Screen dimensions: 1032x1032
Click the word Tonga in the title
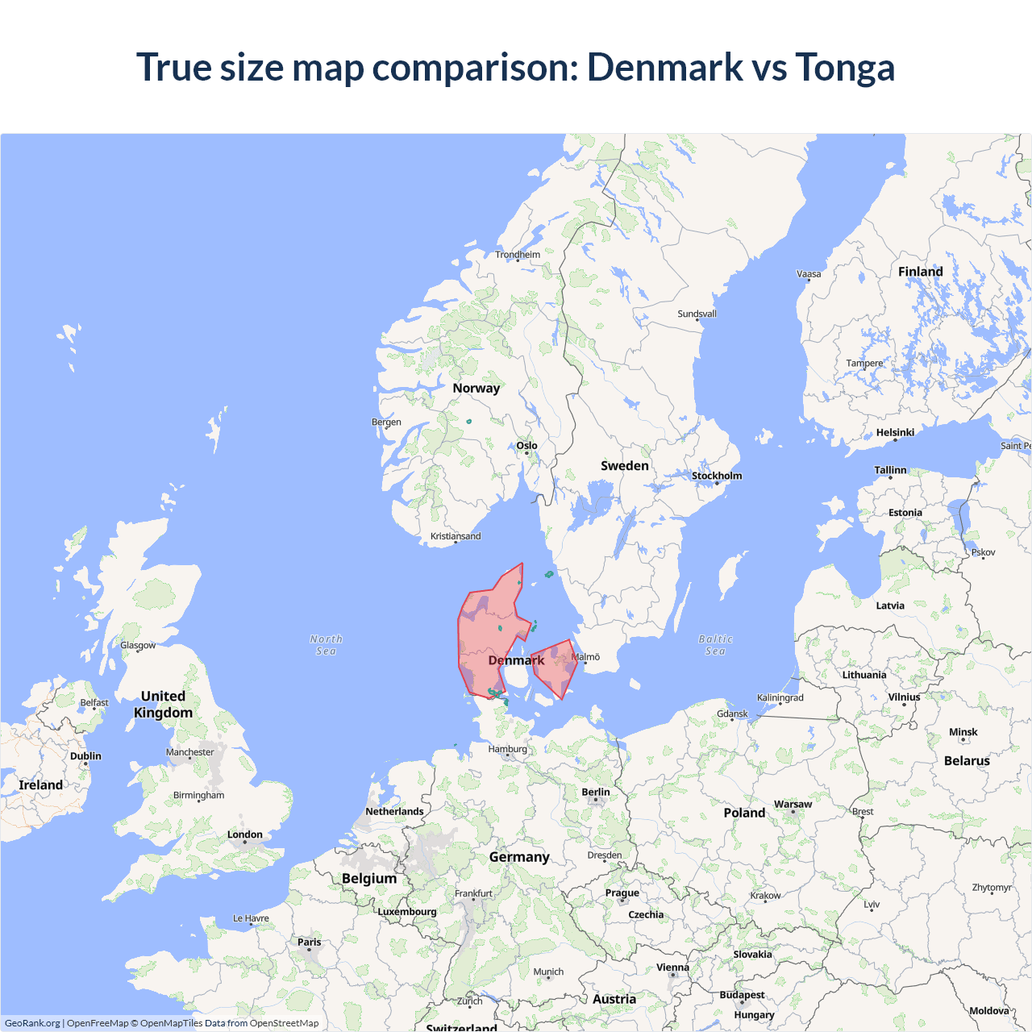(845, 67)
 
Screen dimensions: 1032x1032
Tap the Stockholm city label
(717, 476)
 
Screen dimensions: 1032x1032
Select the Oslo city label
(526, 446)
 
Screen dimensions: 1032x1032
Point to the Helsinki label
(895, 433)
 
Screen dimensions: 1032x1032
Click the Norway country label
(476, 388)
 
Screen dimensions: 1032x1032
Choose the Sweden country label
(624, 466)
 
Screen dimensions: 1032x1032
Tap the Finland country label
(920, 272)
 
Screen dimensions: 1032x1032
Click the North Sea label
(326, 645)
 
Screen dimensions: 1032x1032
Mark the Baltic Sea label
(715, 645)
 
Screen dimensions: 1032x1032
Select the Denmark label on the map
(516, 660)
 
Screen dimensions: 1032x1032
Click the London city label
(244, 834)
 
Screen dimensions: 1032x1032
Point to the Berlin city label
(596, 793)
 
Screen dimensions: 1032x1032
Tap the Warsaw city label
(793, 805)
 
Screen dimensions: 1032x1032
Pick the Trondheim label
(518, 255)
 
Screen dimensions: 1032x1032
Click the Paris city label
(309, 942)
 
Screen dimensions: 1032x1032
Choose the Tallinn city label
(890, 470)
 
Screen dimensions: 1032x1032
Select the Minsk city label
(963, 732)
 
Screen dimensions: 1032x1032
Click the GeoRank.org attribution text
(32, 1023)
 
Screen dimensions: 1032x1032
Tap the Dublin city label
(85, 756)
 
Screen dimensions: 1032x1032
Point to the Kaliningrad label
(780, 697)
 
